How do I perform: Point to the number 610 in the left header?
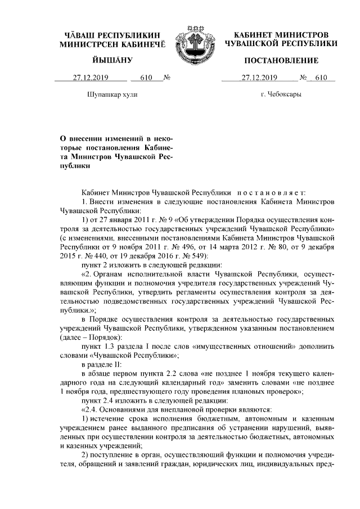click(146, 78)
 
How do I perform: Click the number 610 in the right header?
click(321, 78)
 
